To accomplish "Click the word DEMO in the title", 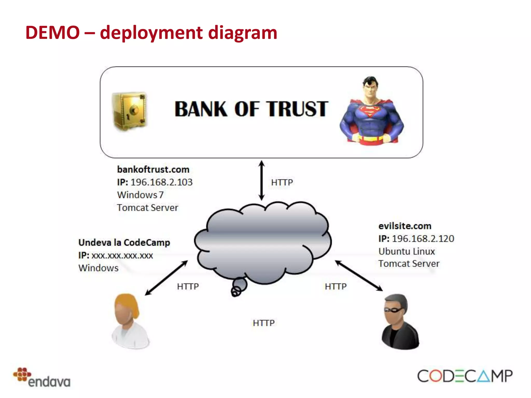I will tap(52, 33).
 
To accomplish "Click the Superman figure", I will tap(371, 111).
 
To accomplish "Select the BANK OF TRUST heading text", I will tap(251, 109).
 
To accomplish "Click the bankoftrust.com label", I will tap(153, 169).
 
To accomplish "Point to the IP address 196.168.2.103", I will tap(161, 182).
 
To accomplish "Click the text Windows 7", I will tap(140, 195).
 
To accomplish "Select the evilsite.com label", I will tap(405, 226).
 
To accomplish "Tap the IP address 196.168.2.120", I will tap(423, 239).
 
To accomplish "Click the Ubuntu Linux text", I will tap(407, 251).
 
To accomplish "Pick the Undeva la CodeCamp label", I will tap(124, 243).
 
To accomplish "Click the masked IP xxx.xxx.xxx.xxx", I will tap(122, 255).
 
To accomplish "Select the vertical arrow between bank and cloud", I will tap(262, 180).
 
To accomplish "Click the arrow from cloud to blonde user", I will tap(166, 278).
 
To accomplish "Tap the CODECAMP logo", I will tap(465, 376).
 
